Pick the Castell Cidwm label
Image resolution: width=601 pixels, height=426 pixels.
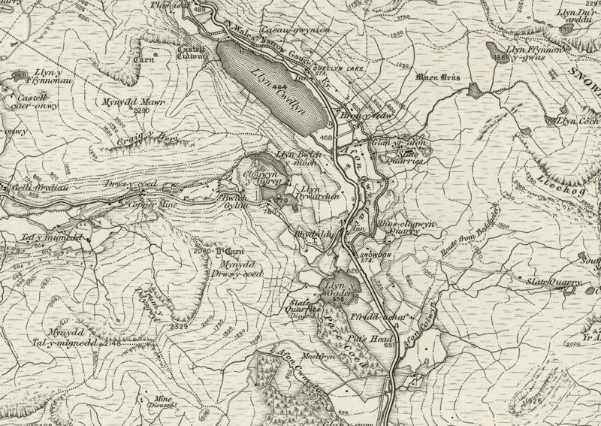191,50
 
